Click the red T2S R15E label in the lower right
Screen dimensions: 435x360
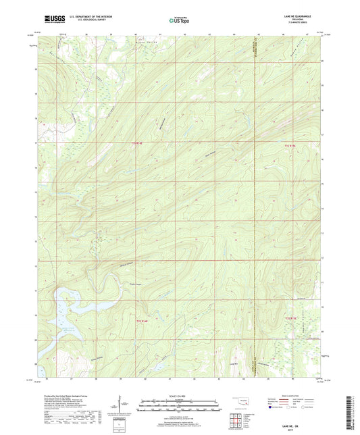[290, 317]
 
